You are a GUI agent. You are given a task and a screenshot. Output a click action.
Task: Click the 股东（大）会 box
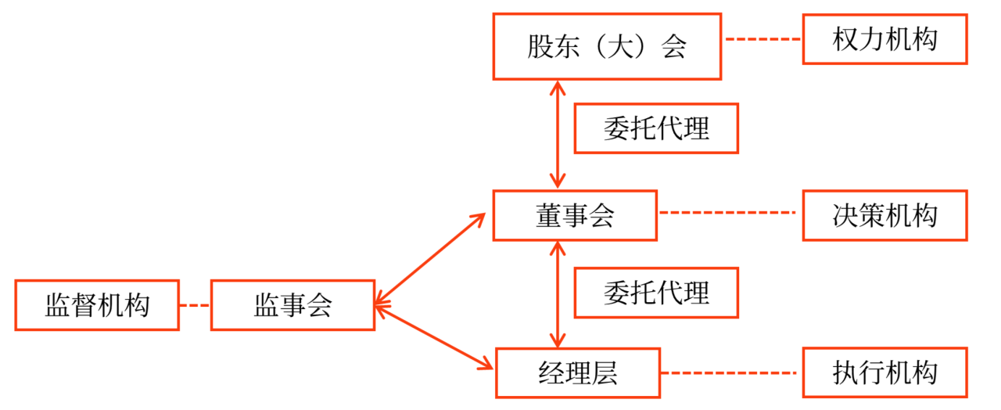point(606,46)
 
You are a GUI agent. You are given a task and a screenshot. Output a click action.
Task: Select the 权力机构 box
point(884,39)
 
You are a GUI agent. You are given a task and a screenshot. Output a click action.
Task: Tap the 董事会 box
point(575,215)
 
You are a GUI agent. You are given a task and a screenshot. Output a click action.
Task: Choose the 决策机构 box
point(884,215)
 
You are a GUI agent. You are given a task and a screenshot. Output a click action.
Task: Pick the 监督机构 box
point(97,305)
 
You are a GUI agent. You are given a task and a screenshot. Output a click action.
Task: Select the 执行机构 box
point(884,372)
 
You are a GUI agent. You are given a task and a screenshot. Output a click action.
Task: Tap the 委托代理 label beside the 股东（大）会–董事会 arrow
point(656,128)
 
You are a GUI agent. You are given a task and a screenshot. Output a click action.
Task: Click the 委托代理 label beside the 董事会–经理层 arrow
point(656,293)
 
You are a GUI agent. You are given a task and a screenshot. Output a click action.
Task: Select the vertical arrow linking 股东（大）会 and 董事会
point(557,134)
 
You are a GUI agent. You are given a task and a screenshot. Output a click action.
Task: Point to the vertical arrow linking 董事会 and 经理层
point(557,293)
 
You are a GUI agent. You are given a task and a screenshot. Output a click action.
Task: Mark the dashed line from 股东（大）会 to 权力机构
point(762,39)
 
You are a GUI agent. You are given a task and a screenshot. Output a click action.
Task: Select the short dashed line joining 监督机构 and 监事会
point(195,305)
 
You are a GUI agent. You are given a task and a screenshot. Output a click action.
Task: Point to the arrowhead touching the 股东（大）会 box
point(557,85)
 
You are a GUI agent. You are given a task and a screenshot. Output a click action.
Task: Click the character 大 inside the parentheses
point(606,47)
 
